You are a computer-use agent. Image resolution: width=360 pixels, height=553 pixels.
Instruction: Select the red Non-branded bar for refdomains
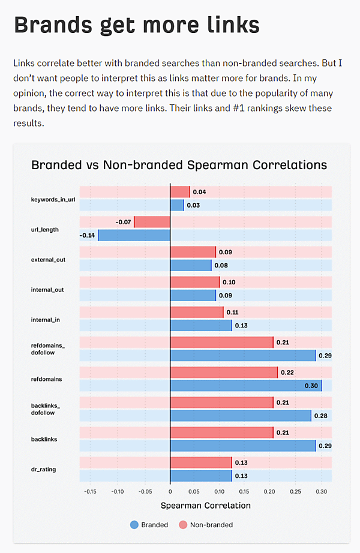click(224, 372)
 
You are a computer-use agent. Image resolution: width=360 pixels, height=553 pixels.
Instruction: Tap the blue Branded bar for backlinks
click(242, 446)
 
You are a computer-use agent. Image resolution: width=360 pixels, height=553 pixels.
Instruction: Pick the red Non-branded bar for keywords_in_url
click(180, 192)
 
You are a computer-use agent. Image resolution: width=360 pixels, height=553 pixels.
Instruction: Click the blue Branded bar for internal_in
click(201, 325)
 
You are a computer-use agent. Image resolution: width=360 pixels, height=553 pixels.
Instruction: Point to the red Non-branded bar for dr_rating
click(201, 462)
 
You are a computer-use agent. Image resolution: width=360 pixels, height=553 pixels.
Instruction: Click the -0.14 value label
click(87, 235)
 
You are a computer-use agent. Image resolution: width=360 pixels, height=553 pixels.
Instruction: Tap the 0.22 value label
click(288, 372)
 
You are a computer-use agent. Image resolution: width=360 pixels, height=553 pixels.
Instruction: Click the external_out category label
click(48, 260)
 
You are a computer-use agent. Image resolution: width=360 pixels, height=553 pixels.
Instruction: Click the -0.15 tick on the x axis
click(90, 491)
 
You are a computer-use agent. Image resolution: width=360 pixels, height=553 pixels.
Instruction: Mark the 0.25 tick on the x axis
click(295, 491)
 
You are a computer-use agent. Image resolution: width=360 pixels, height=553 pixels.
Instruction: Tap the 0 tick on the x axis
click(170, 491)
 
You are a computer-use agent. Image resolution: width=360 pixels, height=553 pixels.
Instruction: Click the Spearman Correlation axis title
click(206, 506)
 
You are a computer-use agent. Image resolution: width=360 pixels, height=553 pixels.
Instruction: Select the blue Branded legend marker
click(134, 525)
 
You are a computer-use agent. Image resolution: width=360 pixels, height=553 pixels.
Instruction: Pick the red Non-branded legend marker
click(183, 525)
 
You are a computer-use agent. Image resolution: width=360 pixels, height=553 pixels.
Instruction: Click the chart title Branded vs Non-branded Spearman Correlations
click(179, 165)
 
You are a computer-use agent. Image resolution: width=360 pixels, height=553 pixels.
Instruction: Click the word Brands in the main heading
click(50, 25)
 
